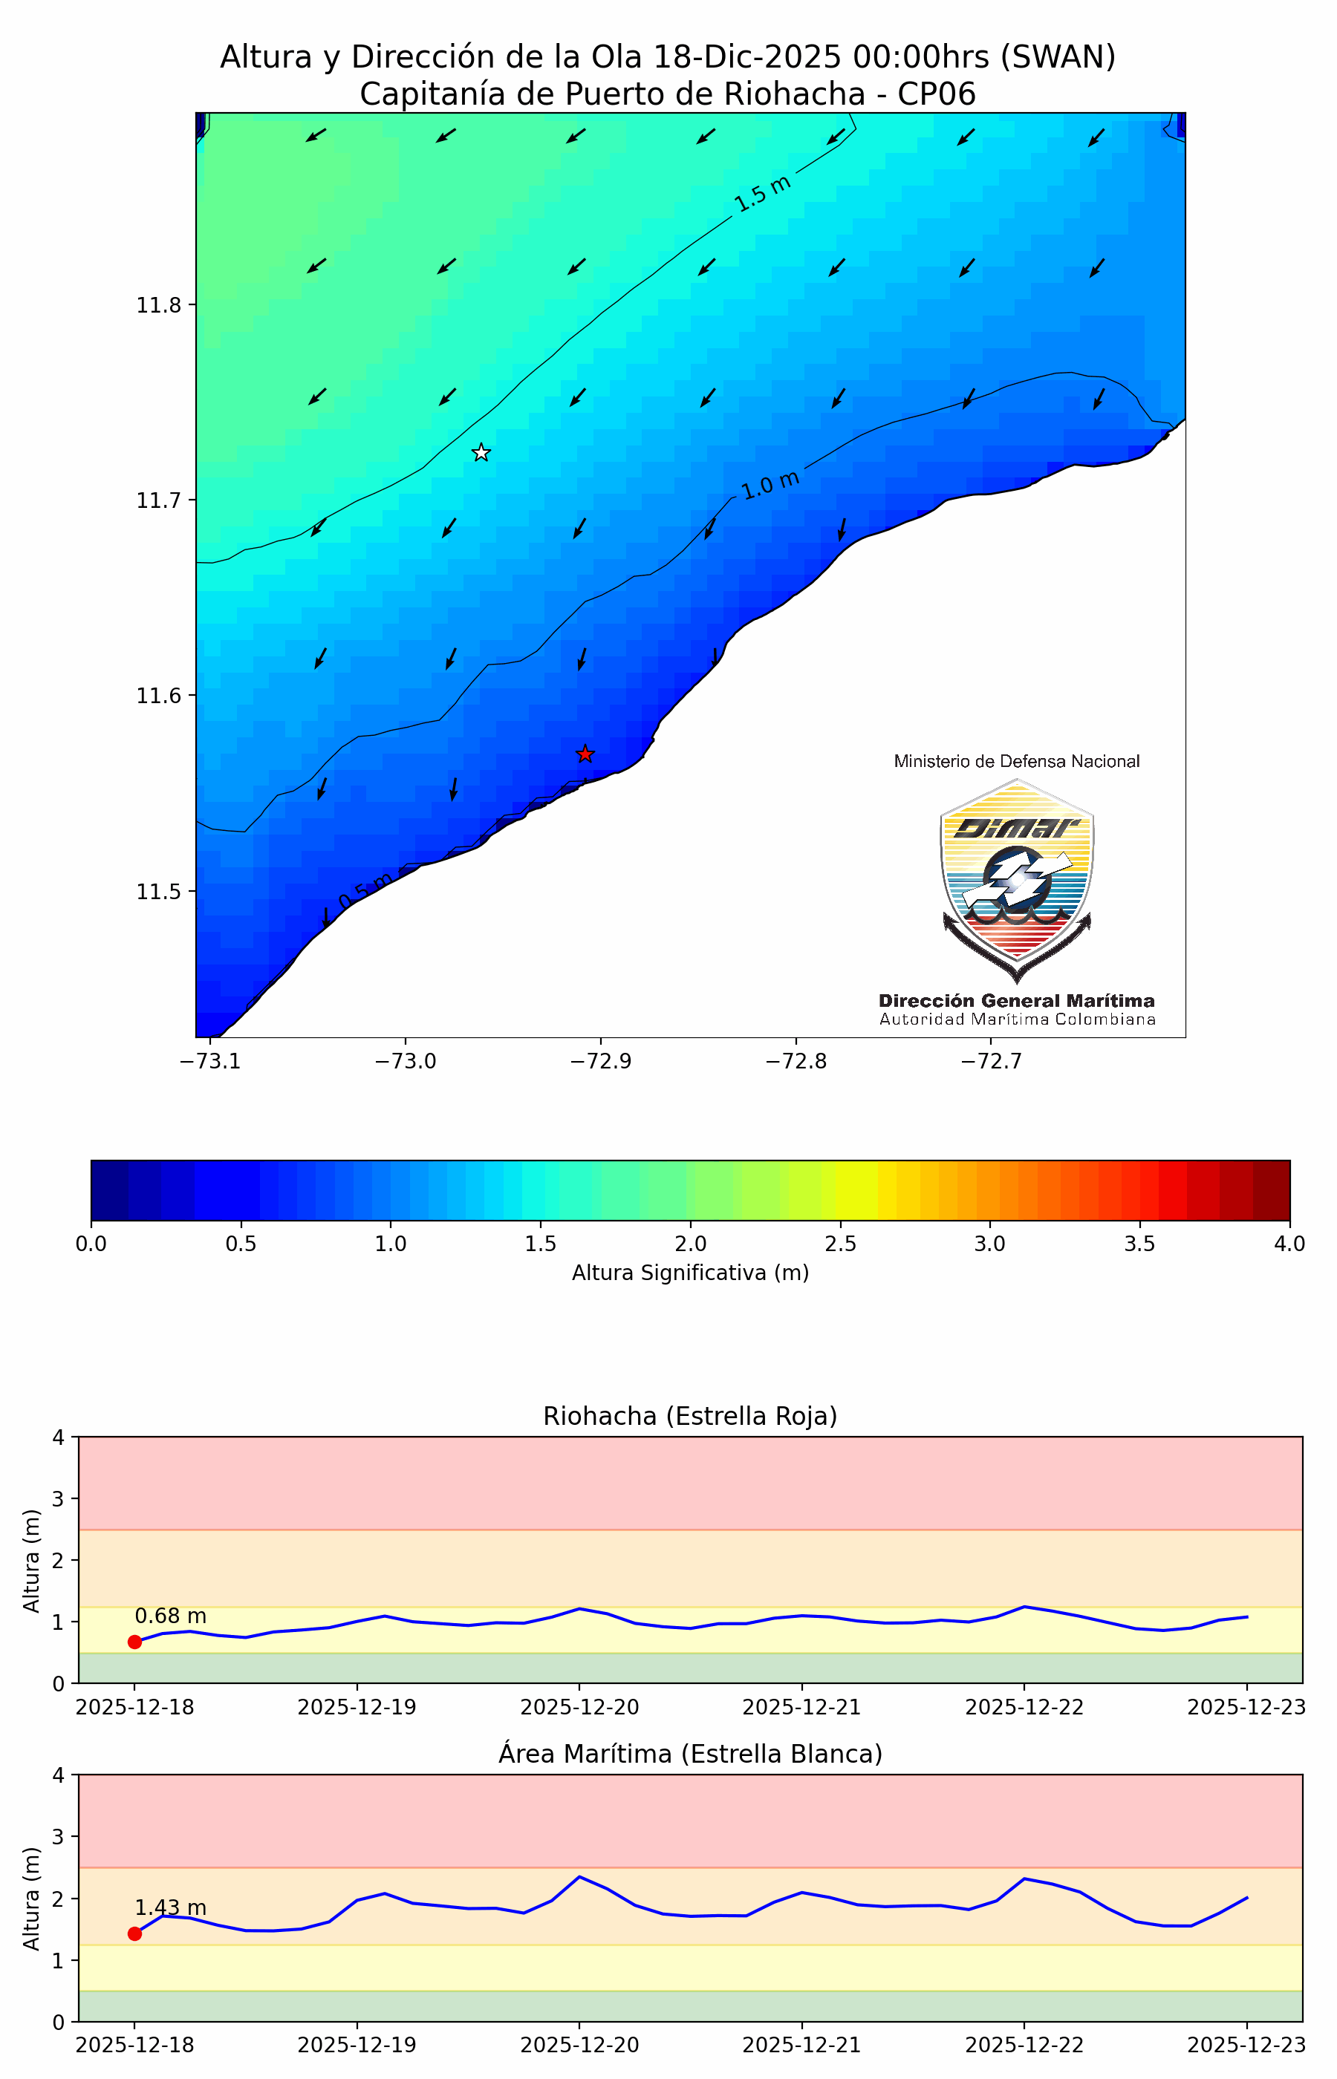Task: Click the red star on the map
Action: pos(585,754)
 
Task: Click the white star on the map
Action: pos(481,453)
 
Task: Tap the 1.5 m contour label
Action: pos(762,194)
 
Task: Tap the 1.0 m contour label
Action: pos(770,484)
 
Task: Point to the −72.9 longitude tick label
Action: pos(600,1061)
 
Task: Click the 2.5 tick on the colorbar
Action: pos(840,1244)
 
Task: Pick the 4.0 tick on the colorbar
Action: pos(1289,1244)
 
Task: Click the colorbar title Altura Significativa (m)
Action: pos(690,1273)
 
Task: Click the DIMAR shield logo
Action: pos(1017,878)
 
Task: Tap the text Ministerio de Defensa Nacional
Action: pos(1017,761)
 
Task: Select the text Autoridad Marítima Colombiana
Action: pos(1017,1019)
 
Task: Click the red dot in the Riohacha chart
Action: pos(134,1642)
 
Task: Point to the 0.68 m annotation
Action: pos(170,1616)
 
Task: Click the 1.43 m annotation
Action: pos(170,1907)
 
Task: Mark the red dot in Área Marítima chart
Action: pos(134,1933)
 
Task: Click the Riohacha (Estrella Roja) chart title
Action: pos(690,1416)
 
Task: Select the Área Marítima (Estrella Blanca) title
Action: pos(690,1754)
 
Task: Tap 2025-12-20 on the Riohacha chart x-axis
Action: pos(579,1707)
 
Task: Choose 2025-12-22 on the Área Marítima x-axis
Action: pos(1024,2045)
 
